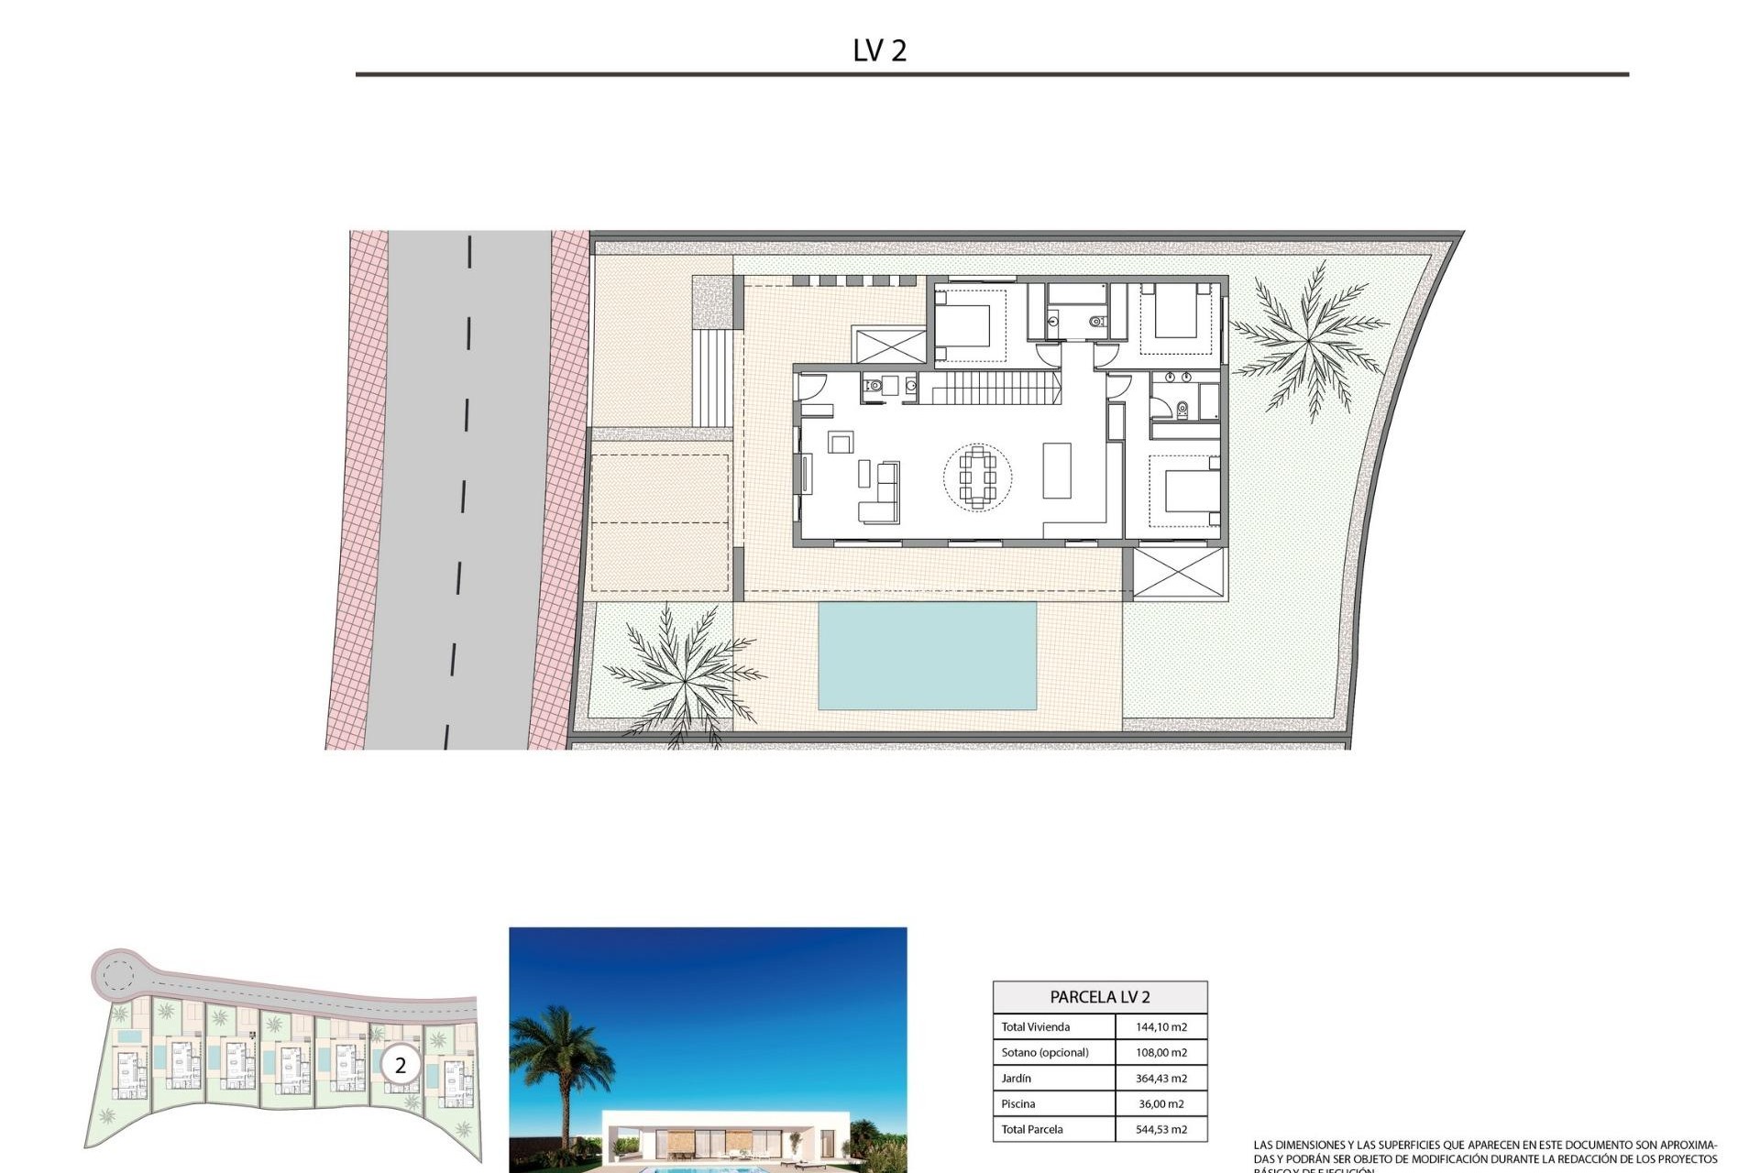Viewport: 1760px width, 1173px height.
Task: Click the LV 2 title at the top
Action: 879,50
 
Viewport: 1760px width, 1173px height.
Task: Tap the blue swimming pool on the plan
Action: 927,655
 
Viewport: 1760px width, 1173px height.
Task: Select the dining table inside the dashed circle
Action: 977,477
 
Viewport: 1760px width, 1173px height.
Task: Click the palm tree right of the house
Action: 1310,340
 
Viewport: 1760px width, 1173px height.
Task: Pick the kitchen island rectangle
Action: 1057,470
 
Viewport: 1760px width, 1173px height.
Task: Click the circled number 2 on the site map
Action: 400,1066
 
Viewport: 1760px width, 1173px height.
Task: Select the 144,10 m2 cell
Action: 1160,1027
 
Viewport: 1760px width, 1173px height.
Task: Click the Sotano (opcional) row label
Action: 1045,1053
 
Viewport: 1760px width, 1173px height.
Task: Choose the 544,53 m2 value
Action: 1160,1130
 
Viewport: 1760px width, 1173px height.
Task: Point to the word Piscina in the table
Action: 1017,1104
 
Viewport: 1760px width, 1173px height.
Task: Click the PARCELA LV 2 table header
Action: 1100,997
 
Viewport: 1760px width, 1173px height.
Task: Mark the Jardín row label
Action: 1017,1079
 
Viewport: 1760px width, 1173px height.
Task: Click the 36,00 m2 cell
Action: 1160,1104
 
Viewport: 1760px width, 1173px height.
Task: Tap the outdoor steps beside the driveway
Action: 713,378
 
